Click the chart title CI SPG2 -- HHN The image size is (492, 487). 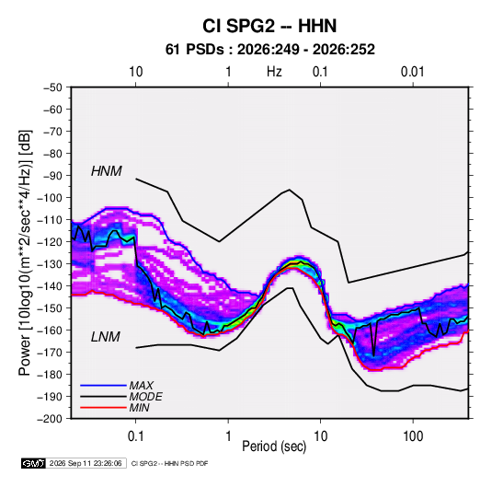pyautogui.click(x=269, y=26)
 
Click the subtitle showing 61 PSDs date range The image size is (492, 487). pyautogui.click(x=269, y=50)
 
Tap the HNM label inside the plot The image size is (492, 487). pyautogui.click(x=107, y=171)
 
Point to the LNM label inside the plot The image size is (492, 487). pyautogui.click(x=106, y=337)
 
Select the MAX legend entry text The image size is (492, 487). pyautogui.click(x=142, y=386)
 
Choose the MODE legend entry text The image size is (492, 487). pyautogui.click(x=145, y=397)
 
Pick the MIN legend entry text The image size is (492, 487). pyautogui.click(x=139, y=408)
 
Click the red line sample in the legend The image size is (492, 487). pyautogui.click(x=103, y=408)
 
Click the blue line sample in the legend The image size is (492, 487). pyautogui.click(x=103, y=385)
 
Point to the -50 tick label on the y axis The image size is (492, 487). pyautogui.click(x=52, y=87)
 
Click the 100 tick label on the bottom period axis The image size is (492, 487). pyautogui.click(x=413, y=436)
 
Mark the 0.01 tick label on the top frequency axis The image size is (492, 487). pyautogui.click(x=412, y=72)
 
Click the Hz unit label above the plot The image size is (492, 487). pyautogui.click(x=274, y=72)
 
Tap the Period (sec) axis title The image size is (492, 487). pyautogui.click(x=274, y=446)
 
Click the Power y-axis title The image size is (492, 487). pyautogui.click(x=25, y=252)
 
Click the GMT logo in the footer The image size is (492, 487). pyautogui.click(x=34, y=463)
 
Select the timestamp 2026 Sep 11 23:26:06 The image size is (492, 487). pyautogui.click(x=86, y=463)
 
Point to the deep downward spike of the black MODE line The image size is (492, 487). pyautogui.click(x=373, y=355)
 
